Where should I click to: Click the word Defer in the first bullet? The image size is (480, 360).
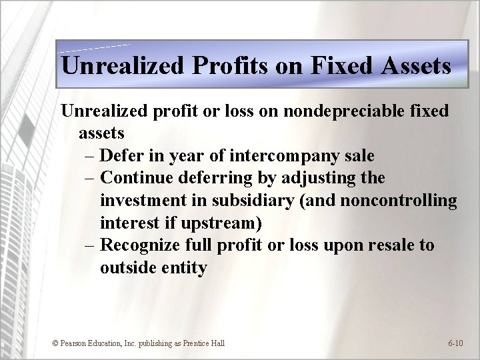click(124, 155)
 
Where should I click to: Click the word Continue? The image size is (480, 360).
click(135, 178)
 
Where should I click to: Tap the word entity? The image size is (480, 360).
click(183, 267)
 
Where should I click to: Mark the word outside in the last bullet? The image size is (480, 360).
click(127, 267)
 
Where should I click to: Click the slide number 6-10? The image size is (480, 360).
click(456, 343)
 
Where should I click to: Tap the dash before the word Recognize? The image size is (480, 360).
click(91, 245)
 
